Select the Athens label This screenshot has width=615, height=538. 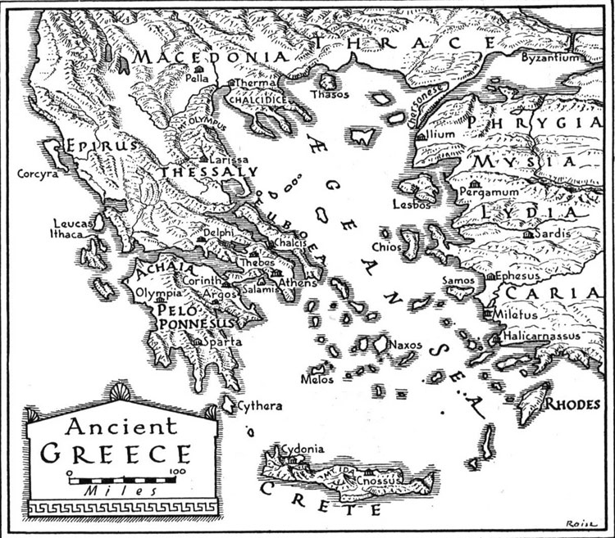[x=296, y=283]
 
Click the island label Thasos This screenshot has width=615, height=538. [x=330, y=94]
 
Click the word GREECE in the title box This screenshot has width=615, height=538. [x=116, y=454]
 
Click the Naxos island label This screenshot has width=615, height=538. [x=407, y=345]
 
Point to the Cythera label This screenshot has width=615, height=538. [x=260, y=406]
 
